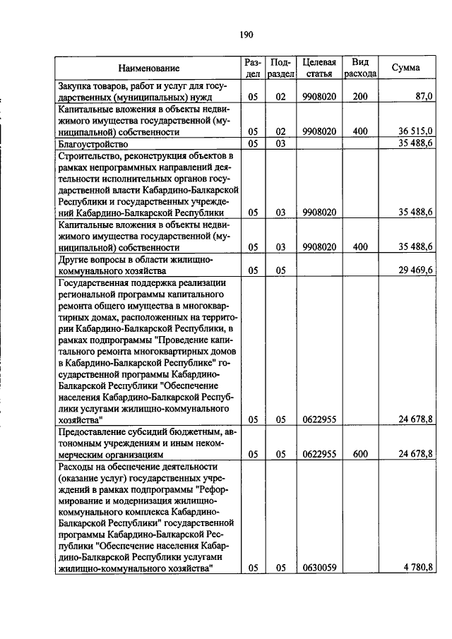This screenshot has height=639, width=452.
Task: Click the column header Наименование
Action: pyautogui.click(x=149, y=68)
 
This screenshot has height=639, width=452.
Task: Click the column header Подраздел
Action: pyautogui.click(x=280, y=68)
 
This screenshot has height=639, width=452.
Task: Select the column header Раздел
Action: pyautogui.click(x=253, y=68)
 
